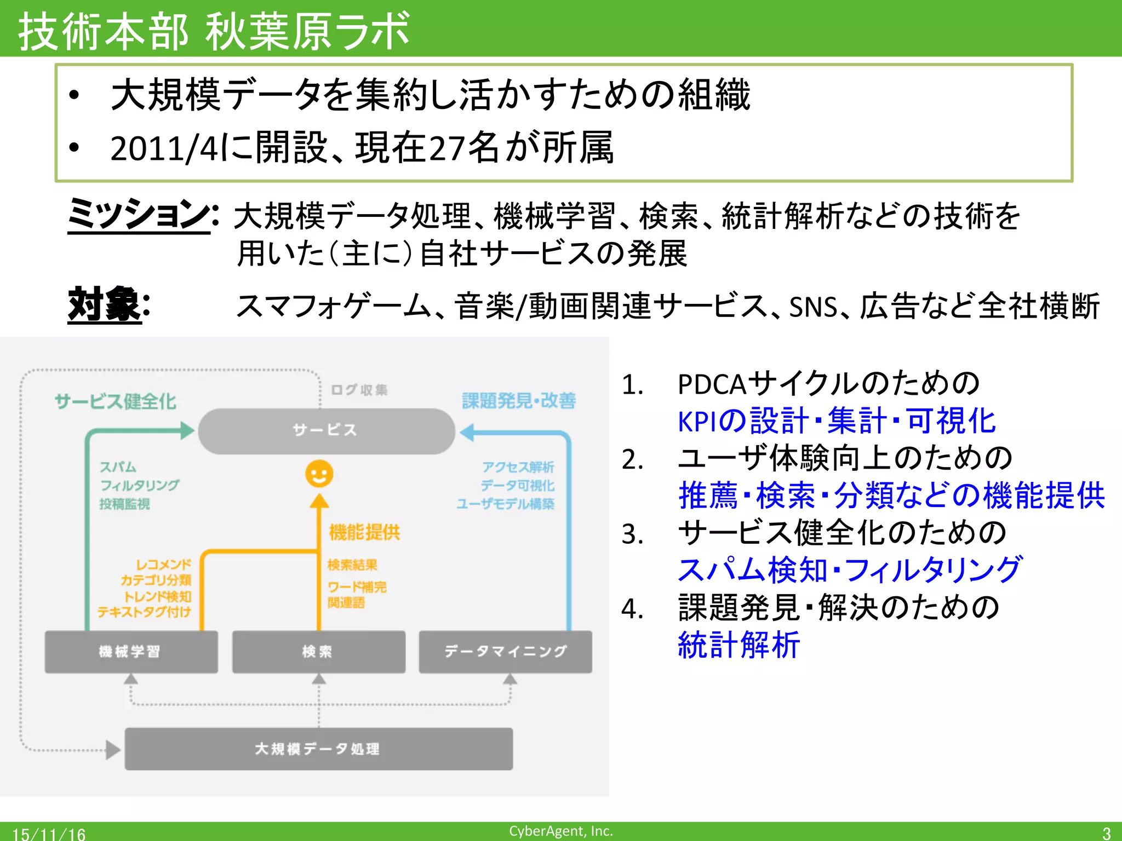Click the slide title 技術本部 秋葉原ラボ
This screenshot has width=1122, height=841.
pos(214,30)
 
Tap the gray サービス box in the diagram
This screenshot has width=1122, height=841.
pos(326,430)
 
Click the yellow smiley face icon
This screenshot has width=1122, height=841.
pos(319,474)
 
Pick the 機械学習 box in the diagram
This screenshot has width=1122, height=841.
pos(131,652)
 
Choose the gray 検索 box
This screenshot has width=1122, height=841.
pos(318,652)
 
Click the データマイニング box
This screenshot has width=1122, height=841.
pos(505,652)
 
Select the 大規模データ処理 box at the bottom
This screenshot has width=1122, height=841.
pos(318,748)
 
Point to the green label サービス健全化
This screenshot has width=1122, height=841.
pos(115,401)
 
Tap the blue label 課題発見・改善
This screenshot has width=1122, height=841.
pos(518,400)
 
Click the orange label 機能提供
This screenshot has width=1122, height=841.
pos(364,532)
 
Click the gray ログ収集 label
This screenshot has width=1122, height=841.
pos(359,389)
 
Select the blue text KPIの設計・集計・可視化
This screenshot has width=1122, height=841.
pos(836,420)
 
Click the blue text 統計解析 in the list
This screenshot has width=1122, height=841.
pos(739,644)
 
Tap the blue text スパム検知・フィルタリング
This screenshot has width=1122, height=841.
pos(849,569)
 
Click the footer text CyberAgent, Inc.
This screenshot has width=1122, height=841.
pos(560,831)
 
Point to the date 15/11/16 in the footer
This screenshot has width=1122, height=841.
pos(49,834)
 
